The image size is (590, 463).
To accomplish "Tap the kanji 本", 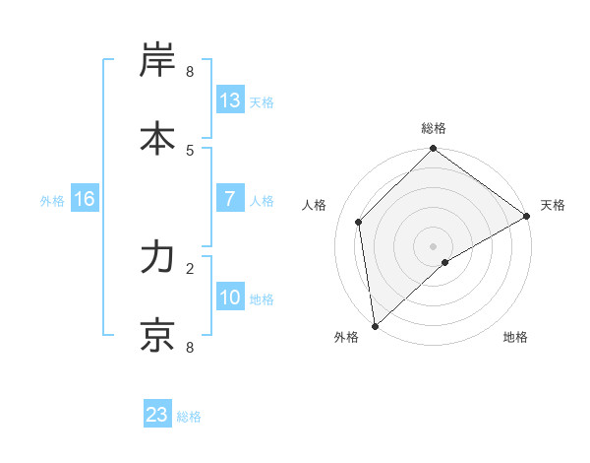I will click(x=158, y=139).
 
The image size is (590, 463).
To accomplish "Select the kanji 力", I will click(x=158, y=259).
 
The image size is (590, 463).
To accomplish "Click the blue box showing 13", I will click(x=230, y=100).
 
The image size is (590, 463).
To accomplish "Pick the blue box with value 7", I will click(x=230, y=199).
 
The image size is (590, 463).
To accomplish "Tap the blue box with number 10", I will click(x=230, y=298).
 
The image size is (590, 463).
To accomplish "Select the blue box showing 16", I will click(x=85, y=199).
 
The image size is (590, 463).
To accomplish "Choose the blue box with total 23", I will click(x=157, y=415).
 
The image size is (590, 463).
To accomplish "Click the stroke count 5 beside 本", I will click(x=190, y=149).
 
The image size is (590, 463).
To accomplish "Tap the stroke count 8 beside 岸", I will click(x=190, y=72).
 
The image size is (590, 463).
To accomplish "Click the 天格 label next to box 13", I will click(x=262, y=101).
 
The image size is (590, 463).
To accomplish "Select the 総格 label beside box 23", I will click(x=189, y=416).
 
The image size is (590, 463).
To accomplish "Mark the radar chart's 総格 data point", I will click(x=434, y=150).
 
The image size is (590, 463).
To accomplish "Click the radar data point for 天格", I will click(x=526, y=217).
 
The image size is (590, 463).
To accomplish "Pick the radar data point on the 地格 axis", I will click(x=445, y=262).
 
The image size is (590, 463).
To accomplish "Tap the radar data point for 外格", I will click(x=375, y=326).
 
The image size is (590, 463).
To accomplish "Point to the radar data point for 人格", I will click(x=359, y=222).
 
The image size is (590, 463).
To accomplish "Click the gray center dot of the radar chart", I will click(x=434, y=245).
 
